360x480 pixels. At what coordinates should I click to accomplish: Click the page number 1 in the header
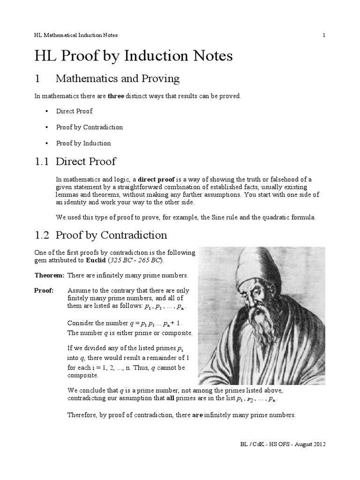(x=323, y=35)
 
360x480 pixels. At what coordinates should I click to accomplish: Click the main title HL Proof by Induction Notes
(x=134, y=56)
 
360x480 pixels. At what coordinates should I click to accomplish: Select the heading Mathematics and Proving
(x=117, y=78)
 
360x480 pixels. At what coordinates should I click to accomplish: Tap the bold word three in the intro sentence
(x=116, y=96)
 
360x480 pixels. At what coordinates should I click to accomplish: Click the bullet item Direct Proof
(x=74, y=111)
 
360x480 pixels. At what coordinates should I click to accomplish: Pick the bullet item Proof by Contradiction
(x=89, y=127)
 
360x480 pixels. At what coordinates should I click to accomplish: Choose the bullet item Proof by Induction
(x=83, y=143)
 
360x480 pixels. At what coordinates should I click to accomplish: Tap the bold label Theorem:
(x=49, y=275)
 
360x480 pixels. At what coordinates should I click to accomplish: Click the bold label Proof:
(x=44, y=291)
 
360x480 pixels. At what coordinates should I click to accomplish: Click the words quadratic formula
(x=292, y=217)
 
